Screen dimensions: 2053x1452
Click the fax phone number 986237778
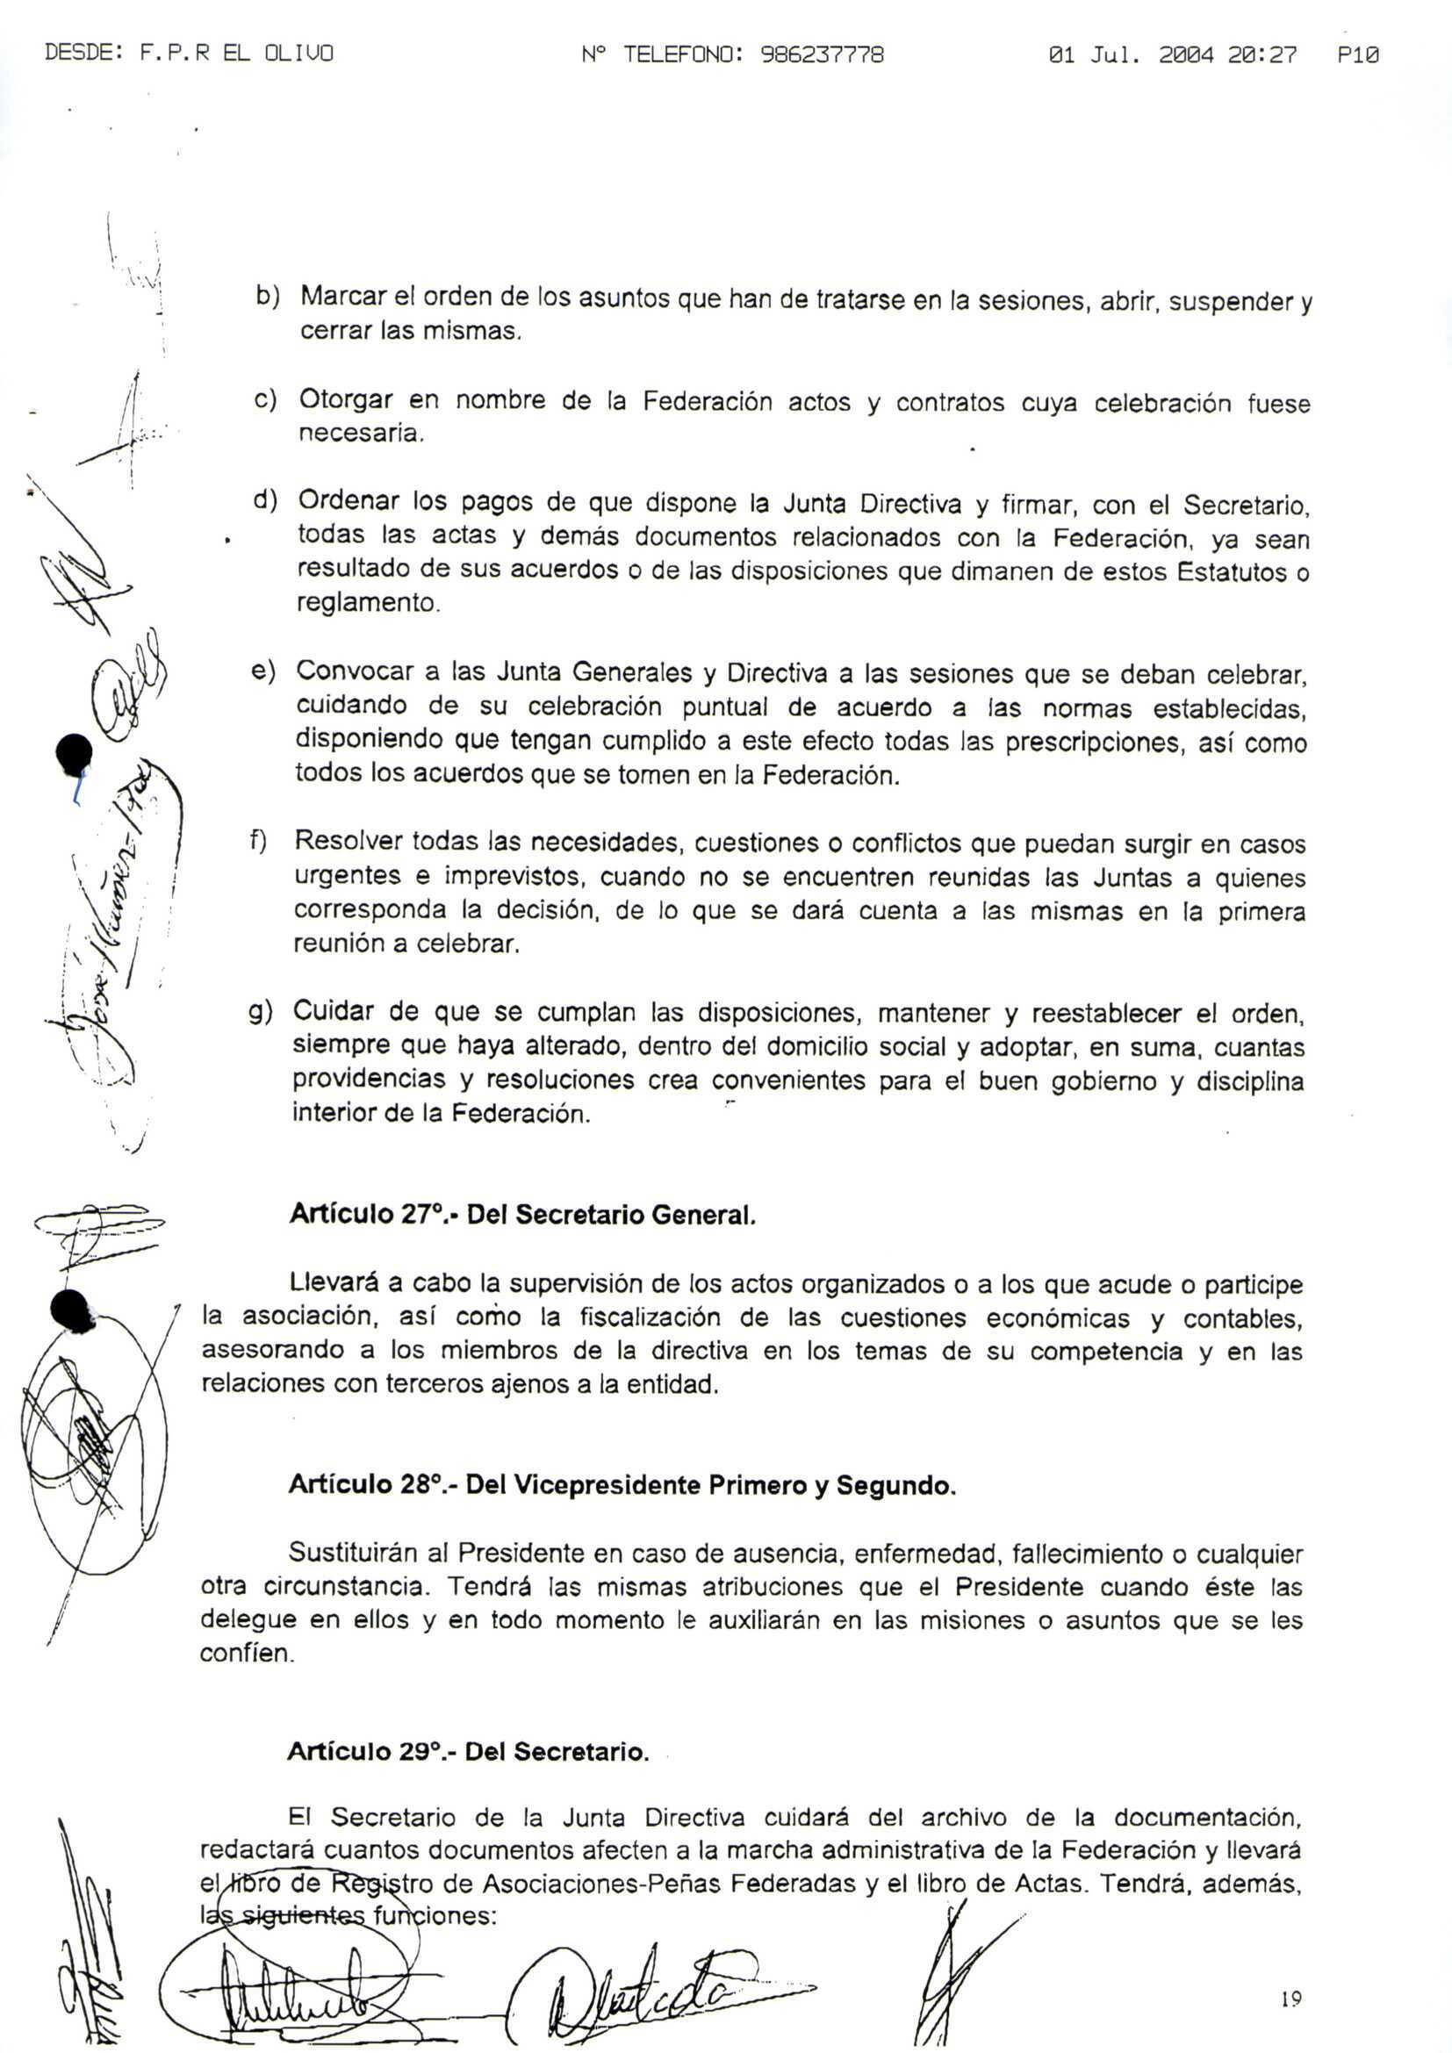click(x=822, y=55)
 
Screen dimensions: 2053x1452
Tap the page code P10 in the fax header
click(x=1358, y=55)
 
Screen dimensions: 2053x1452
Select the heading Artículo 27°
click(x=368, y=1214)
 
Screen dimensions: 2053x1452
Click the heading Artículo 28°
click(x=367, y=1485)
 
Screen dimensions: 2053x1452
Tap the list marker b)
click(x=268, y=296)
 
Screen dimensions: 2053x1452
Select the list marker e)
click(x=263, y=671)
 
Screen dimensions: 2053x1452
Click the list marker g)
click(x=260, y=1011)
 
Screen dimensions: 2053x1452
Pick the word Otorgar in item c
click(x=345, y=398)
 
